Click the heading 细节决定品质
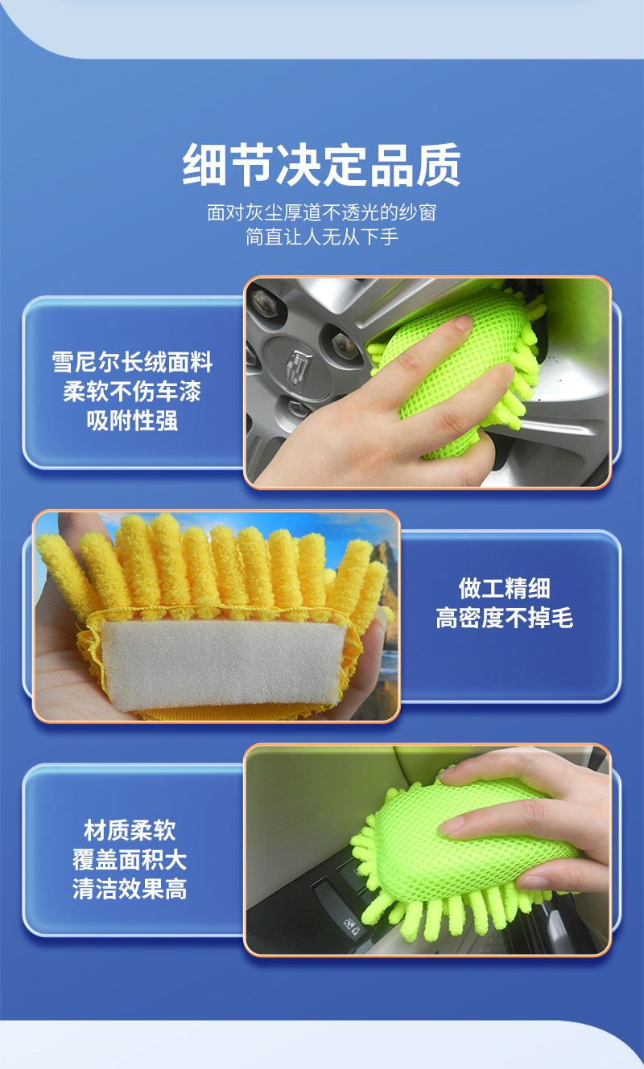(x=322, y=166)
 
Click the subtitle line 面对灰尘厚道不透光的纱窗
(x=322, y=213)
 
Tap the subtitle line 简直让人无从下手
(x=322, y=237)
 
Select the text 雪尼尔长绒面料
(x=133, y=362)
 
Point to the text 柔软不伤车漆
(x=133, y=392)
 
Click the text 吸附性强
(x=133, y=421)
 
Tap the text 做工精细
(x=505, y=588)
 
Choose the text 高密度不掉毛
(x=505, y=618)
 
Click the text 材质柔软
(x=130, y=830)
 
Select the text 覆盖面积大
(x=130, y=860)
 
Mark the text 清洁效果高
(x=130, y=890)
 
